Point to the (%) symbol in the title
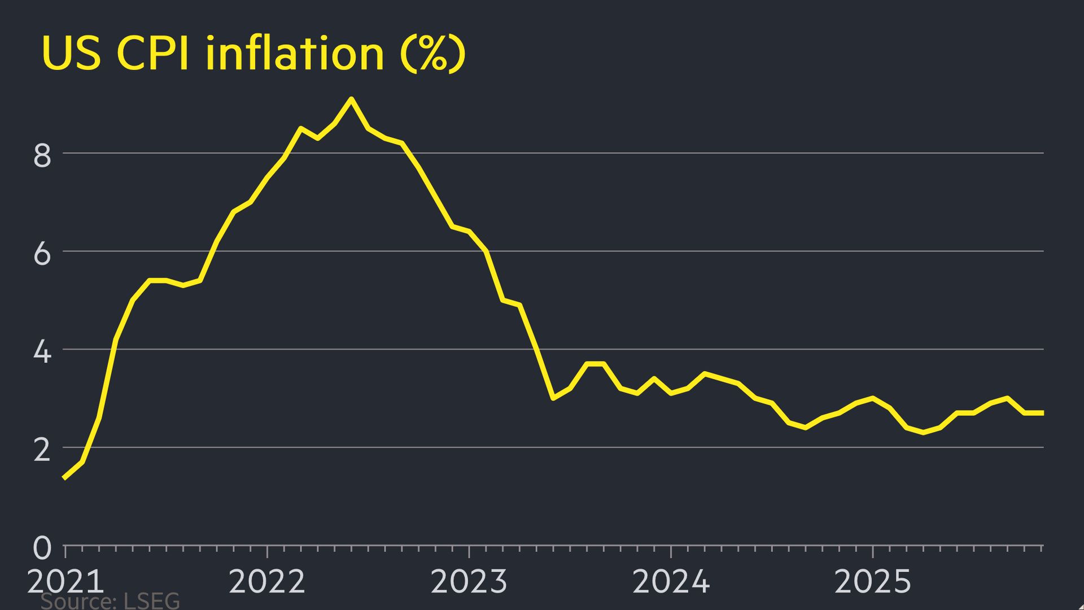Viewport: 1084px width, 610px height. click(432, 54)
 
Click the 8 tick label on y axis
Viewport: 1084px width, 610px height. click(42, 156)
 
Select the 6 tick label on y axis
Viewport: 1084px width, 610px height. click(42, 254)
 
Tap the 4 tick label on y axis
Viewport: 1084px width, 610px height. click(42, 352)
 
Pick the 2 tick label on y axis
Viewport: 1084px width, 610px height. click(42, 451)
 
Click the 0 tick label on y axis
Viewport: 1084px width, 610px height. click(42, 548)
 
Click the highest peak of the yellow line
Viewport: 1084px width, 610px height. click(351, 99)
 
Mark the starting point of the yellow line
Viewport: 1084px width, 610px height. click(64, 478)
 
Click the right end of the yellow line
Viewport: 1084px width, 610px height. click(1042, 413)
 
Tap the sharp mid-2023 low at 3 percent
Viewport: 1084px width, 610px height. click(553, 398)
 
